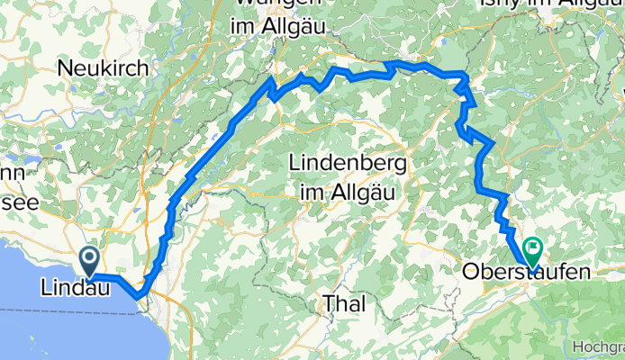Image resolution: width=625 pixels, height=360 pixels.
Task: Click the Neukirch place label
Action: point(96,67)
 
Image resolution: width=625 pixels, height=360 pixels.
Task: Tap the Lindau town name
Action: point(76,289)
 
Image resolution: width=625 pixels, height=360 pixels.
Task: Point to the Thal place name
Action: point(344,304)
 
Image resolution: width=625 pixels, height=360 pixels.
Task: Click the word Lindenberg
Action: point(348,166)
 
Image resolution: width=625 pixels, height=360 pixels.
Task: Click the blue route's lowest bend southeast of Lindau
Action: point(138,294)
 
